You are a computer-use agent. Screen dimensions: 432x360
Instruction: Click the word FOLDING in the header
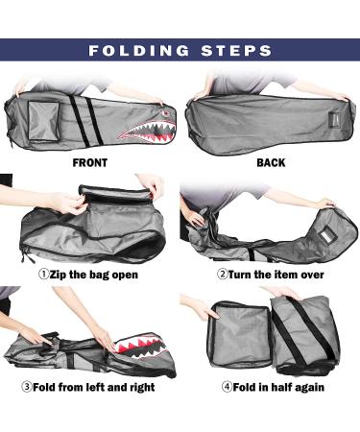pos(143,51)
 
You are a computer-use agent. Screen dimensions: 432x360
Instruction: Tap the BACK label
pos(271,163)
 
